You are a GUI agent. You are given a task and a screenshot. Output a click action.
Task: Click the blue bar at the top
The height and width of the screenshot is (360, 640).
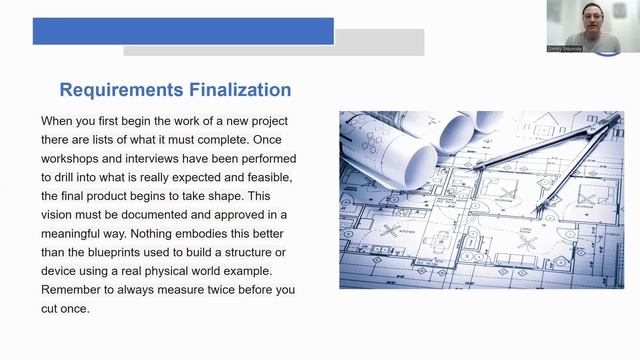point(183,31)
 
